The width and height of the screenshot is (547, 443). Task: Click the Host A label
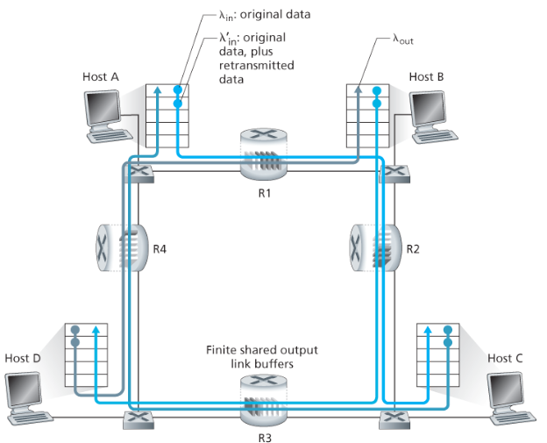coord(102,77)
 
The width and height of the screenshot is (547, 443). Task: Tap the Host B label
coord(426,77)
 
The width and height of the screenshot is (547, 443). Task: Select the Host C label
coord(504,358)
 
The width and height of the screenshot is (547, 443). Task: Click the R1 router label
coord(262,193)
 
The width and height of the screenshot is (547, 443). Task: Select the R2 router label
coord(415,248)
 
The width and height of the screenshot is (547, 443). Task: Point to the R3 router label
coord(262,435)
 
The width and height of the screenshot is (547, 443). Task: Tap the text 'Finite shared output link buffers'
coord(262,356)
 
